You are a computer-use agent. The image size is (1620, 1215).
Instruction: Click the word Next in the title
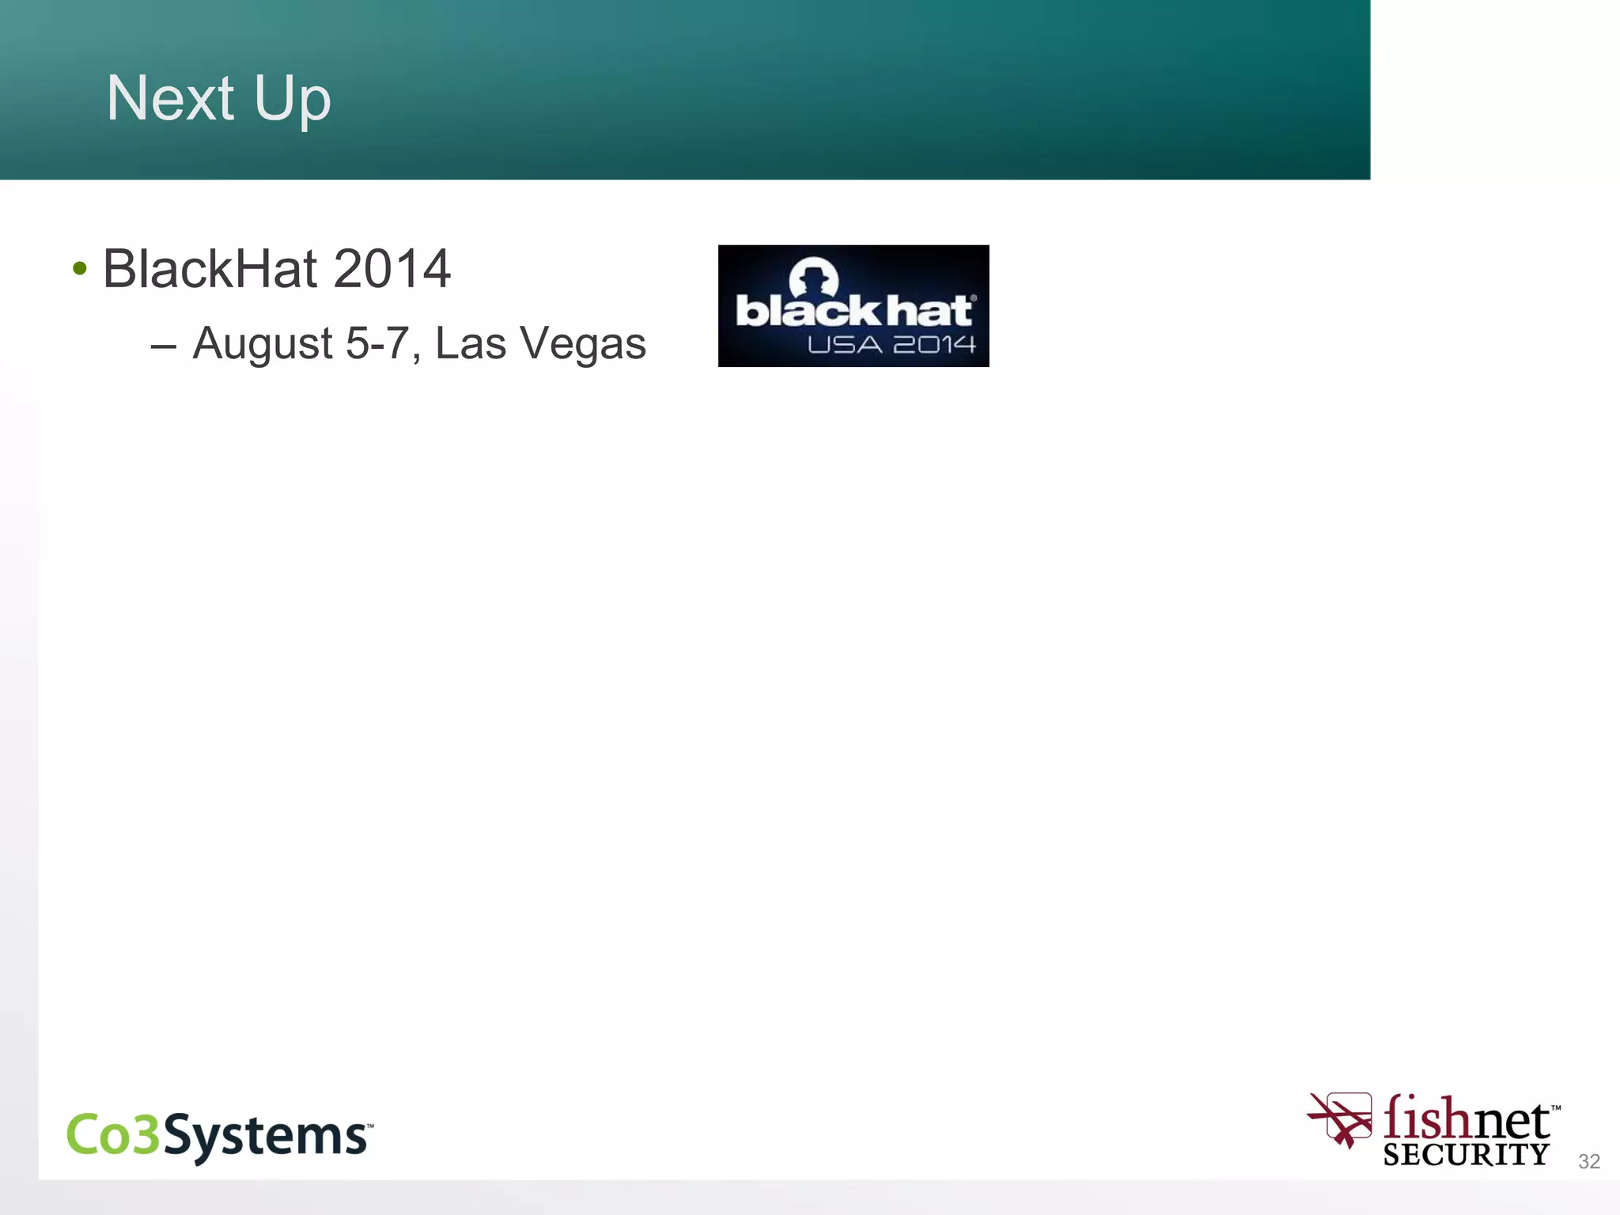(170, 98)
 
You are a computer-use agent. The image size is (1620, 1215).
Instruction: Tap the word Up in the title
(292, 100)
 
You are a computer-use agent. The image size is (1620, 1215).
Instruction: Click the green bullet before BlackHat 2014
(79, 269)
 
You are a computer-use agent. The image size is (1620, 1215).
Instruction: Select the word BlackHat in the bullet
(210, 269)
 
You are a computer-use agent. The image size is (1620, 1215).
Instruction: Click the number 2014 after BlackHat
(392, 269)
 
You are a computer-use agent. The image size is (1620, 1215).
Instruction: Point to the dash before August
(163, 346)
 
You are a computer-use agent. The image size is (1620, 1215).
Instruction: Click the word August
(262, 344)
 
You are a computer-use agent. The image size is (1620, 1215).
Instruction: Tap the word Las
(470, 344)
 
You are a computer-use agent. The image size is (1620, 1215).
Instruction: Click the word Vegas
(582, 346)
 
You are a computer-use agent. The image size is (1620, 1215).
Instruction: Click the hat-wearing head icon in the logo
(813, 277)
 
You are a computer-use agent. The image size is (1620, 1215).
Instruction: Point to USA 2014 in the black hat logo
(891, 345)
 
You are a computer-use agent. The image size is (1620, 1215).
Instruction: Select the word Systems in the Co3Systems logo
(266, 1136)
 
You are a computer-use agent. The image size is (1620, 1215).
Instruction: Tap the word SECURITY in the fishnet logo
(1466, 1155)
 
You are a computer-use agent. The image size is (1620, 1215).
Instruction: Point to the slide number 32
(1588, 1161)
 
